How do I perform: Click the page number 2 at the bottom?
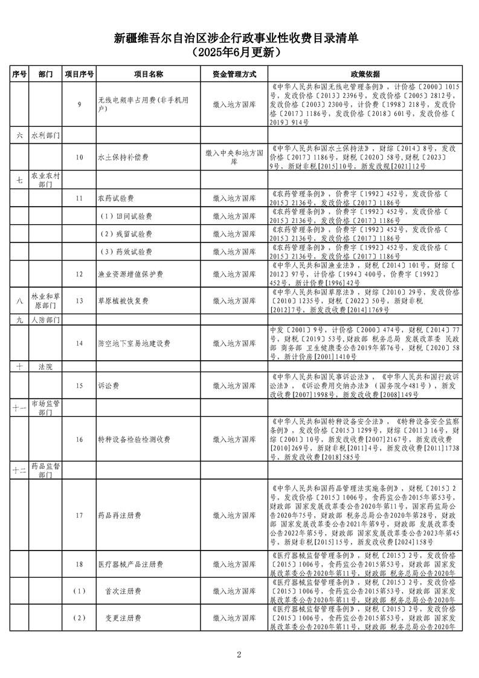(239, 654)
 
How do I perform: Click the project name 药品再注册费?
(120, 515)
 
